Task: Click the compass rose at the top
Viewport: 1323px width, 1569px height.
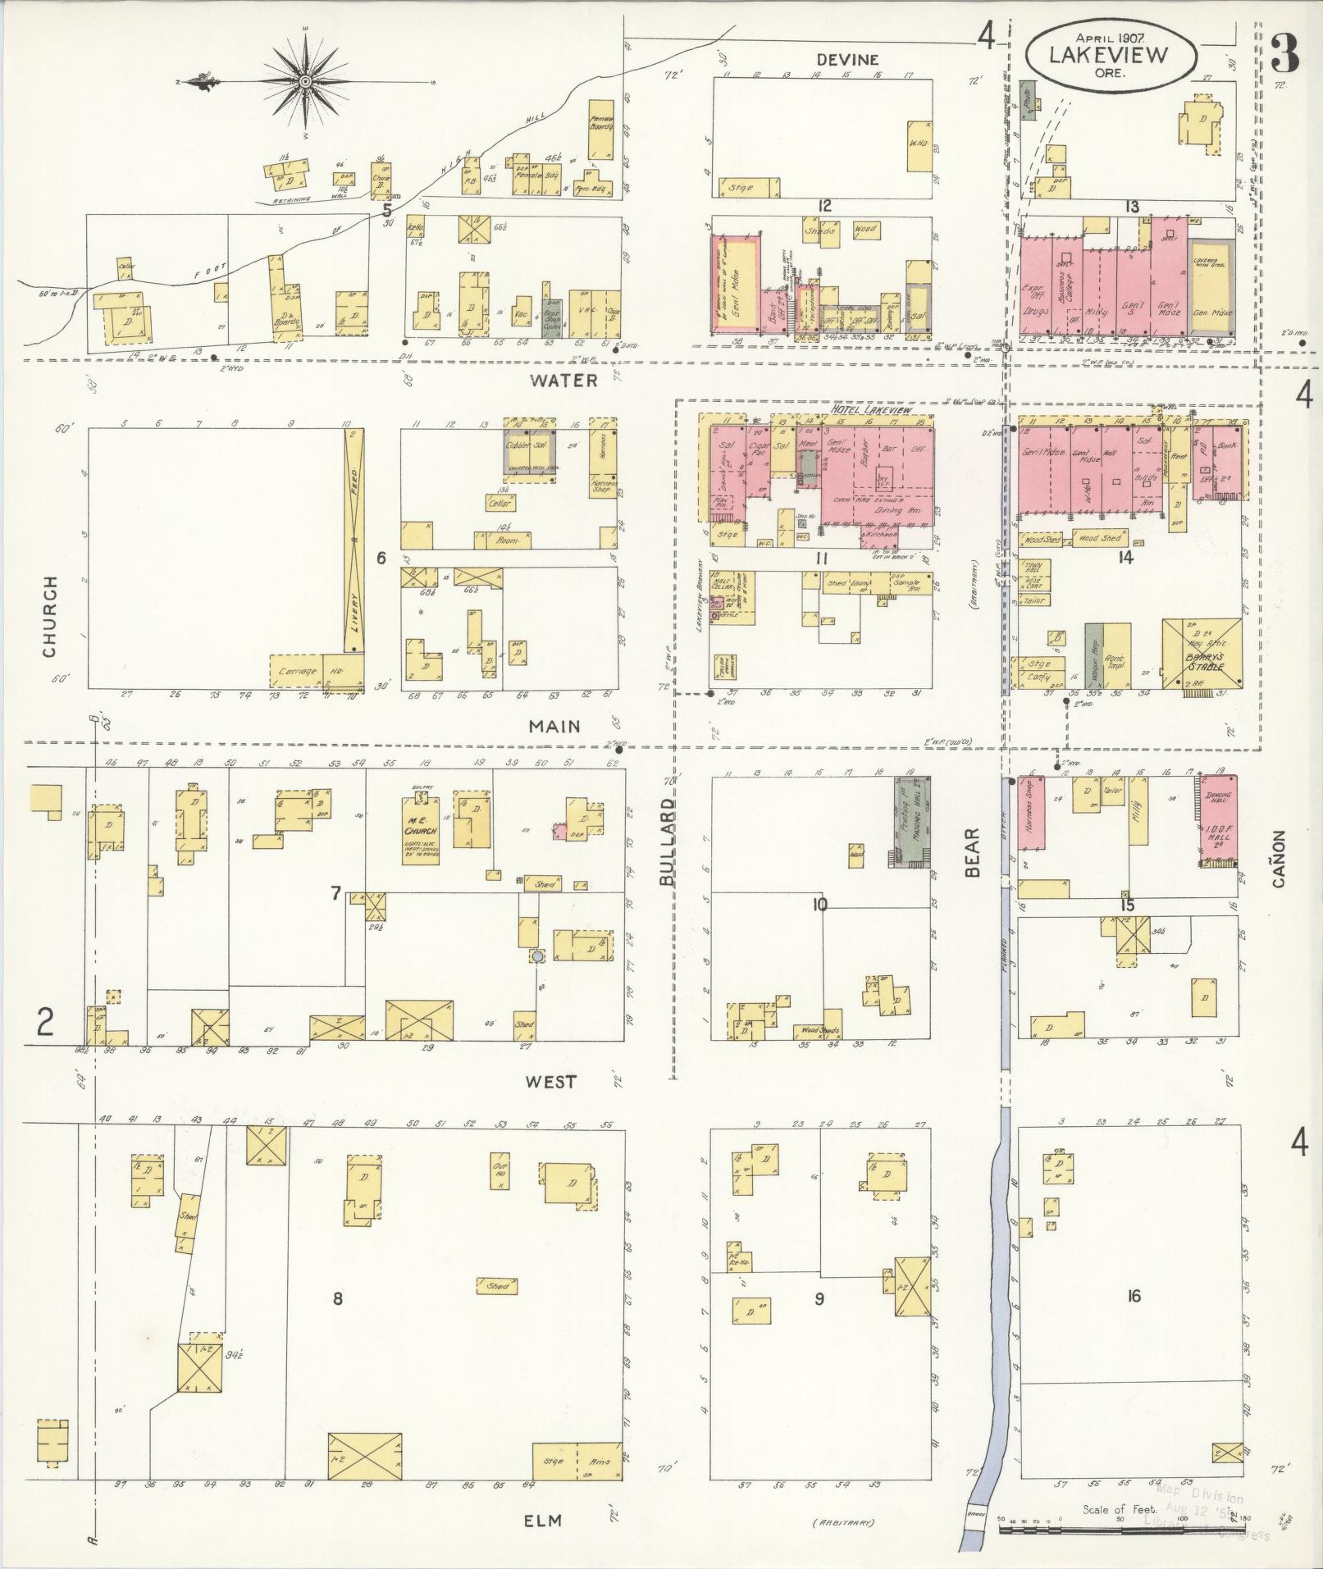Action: pos(305,80)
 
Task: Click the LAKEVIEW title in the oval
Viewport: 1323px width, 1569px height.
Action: pos(1111,55)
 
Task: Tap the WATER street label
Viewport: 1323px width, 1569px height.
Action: pos(563,381)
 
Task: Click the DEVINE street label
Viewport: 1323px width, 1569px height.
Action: pos(847,60)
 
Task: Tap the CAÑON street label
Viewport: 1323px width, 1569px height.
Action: pos(1277,859)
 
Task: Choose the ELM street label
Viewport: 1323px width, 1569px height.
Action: pos(543,1520)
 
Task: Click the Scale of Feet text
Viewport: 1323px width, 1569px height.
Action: pos(1119,1509)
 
